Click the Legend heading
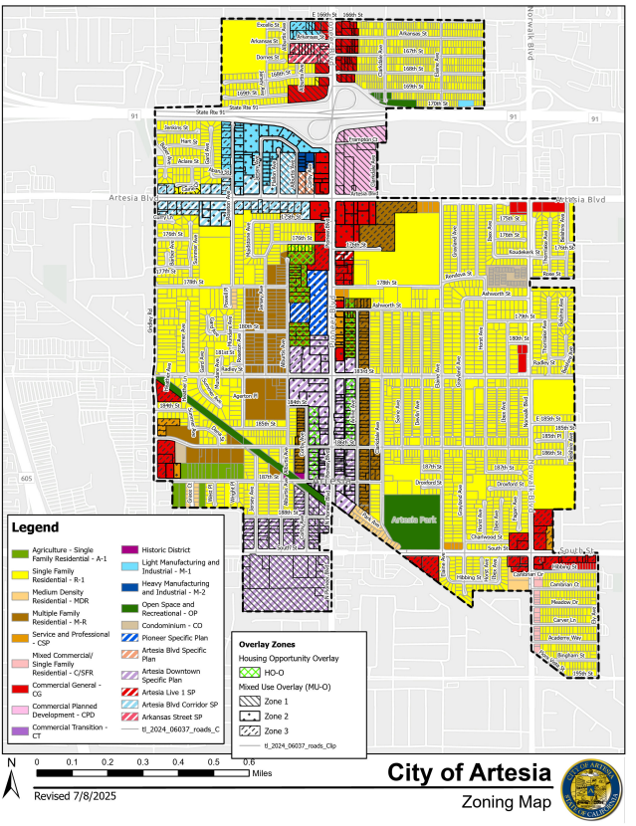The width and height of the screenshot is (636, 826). click(37, 526)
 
